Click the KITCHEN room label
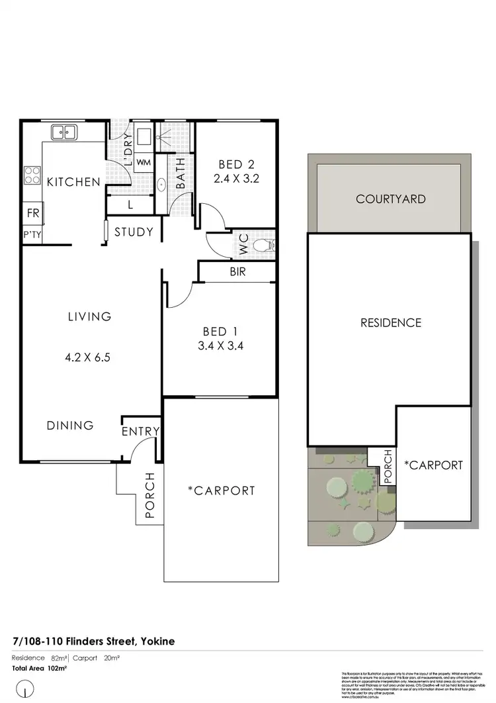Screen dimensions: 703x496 tap(73, 182)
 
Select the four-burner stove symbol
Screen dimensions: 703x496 tap(32, 175)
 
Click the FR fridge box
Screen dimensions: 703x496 tap(32, 213)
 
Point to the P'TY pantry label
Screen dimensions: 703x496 tap(32, 235)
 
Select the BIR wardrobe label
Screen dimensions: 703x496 tap(237, 271)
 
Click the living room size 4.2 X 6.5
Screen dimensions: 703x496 tap(89, 357)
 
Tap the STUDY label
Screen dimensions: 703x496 tap(134, 232)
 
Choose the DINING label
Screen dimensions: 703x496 tap(70, 426)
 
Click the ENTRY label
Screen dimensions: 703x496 tap(141, 432)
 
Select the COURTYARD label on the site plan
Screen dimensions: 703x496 tap(390, 199)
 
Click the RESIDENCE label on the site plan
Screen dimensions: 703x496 tap(390, 323)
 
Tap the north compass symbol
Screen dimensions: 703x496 tap(25, 690)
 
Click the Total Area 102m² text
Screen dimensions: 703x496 tap(40, 668)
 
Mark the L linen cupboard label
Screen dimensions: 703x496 tap(130, 205)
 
